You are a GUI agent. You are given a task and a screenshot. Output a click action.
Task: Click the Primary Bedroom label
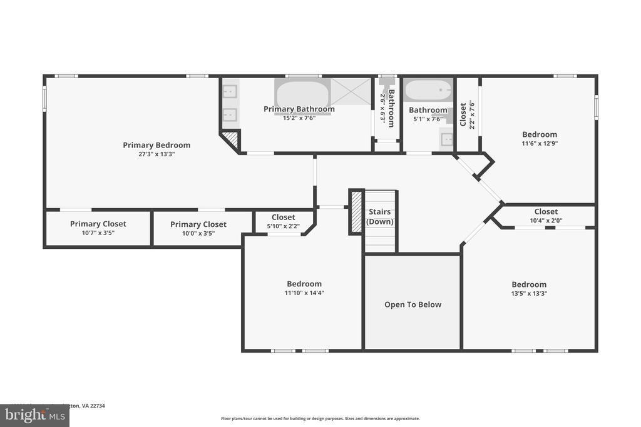point(156,145)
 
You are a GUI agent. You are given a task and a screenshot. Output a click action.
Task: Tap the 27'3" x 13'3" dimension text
point(156,154)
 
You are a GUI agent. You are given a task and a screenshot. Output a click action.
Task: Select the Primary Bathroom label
point(299,109)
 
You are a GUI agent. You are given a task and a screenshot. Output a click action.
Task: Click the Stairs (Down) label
point(380,217)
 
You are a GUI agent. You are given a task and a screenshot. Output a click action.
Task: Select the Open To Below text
point(413,304)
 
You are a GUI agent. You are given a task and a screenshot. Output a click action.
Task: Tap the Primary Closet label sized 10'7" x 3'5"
point(98,224)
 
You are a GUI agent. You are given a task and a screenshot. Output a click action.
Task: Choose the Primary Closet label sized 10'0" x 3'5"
point(198,224)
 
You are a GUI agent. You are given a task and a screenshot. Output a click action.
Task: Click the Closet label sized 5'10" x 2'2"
point(283,218)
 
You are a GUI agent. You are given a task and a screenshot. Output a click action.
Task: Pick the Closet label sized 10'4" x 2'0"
point(546,212)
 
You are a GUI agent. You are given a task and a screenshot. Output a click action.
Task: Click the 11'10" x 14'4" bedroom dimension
point(304,293)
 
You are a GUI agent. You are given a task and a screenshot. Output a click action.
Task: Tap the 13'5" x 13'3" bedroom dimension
point(529,293)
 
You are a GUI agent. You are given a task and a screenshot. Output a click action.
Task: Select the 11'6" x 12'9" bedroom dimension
point(540,143)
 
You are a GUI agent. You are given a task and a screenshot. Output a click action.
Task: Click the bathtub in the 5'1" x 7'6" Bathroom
point(428,91)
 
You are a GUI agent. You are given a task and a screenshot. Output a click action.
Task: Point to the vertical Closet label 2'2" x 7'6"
point(463,114)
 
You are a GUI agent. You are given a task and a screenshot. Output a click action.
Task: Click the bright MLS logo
point(34,415)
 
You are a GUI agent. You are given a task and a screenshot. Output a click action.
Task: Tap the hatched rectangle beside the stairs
point(356,212)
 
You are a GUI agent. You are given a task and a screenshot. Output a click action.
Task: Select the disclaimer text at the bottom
point(320,419)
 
